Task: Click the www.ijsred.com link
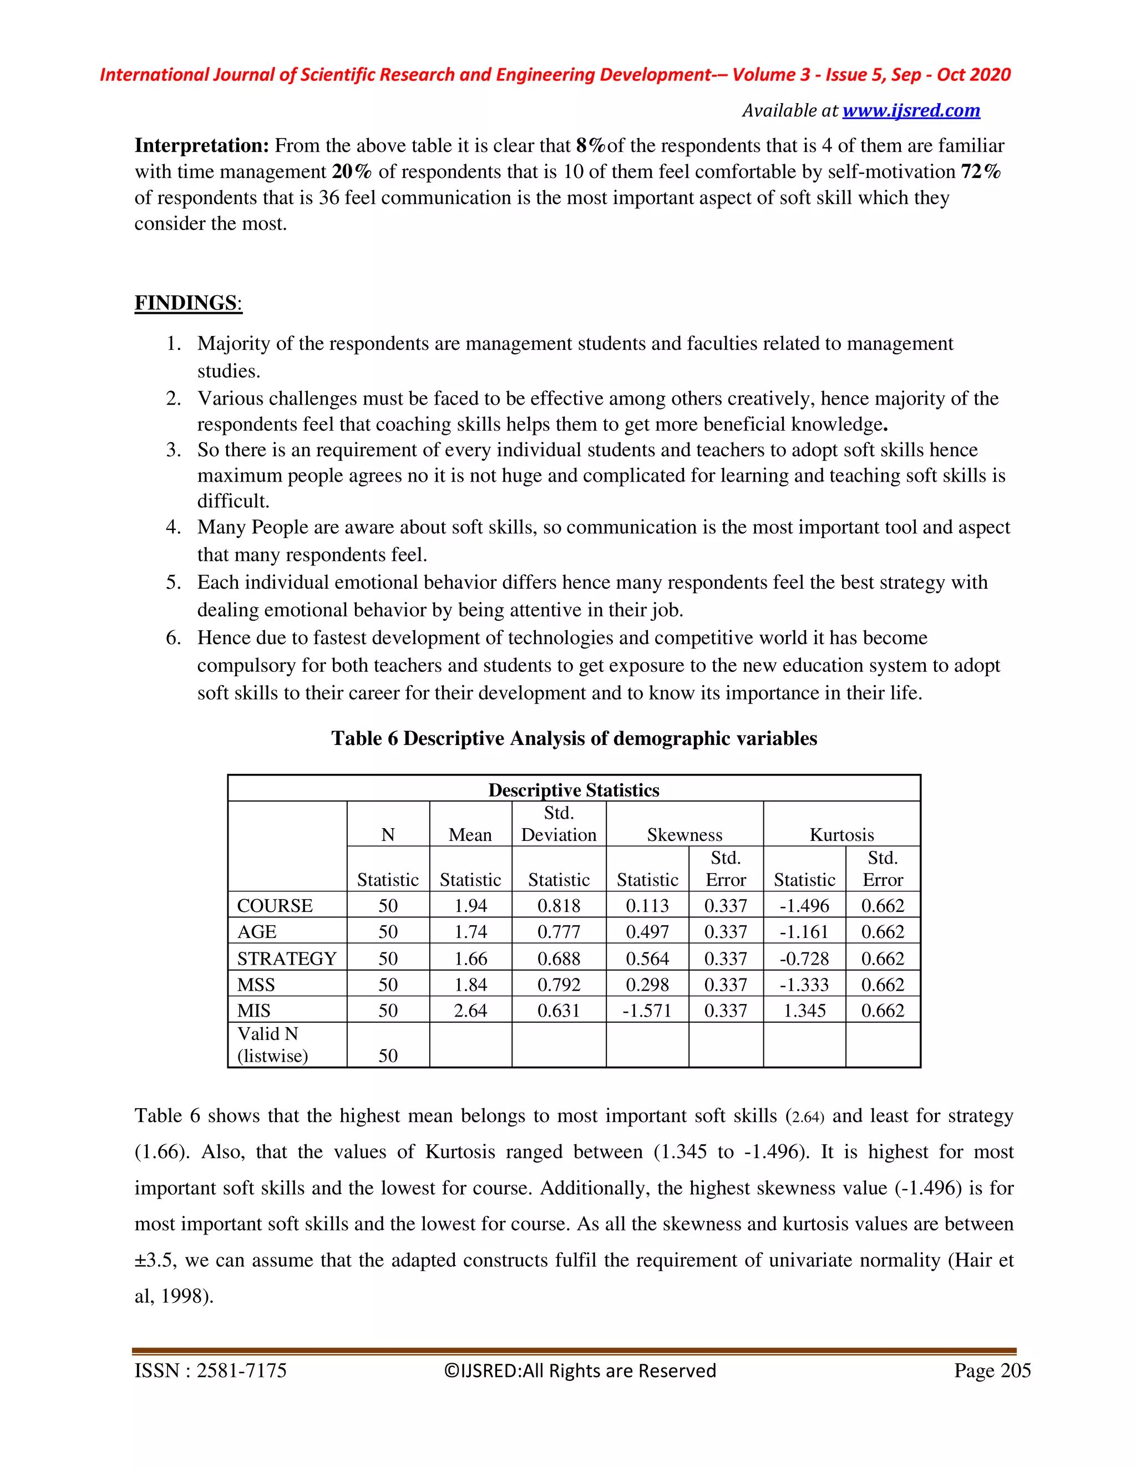point(911,110)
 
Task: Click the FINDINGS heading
point(187,303)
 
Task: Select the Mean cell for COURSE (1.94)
point(470,905)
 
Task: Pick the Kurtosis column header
point(841,835)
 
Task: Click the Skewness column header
point(684,835)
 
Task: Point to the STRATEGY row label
point(287,958)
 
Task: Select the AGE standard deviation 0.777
point(559,932)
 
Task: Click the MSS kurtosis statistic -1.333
point(804,984)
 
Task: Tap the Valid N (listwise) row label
point(272,1044)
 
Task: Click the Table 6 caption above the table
point(574,738)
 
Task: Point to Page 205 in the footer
point(992,1371)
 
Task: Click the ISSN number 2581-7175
point(241,1371)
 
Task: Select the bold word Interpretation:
point(202,145)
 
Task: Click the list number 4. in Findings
point(174,527)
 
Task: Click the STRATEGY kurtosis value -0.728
point(804,958)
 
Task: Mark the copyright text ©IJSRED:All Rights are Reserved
point(580,1371)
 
